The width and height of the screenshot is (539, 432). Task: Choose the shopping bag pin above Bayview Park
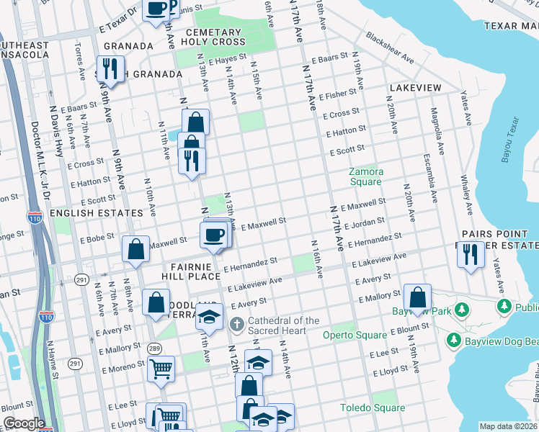point(417,297)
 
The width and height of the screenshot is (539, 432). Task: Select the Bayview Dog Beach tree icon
point(454,339)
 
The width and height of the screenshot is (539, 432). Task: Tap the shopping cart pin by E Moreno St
point(161,369)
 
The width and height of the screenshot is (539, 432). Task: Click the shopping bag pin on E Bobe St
point(135,250)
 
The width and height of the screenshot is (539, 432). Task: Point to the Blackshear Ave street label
point(389,47)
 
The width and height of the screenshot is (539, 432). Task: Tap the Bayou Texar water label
point(509,140)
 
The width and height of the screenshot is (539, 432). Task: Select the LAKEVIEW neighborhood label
point(414,88)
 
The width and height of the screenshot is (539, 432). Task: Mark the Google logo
point(24,423)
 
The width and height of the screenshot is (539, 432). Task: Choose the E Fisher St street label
point(341,94)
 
